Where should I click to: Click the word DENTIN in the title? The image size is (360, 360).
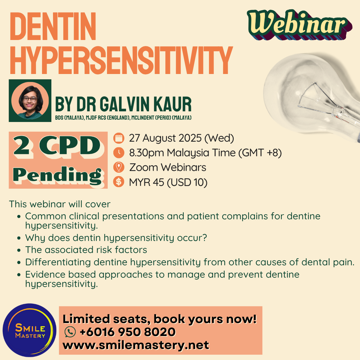53,26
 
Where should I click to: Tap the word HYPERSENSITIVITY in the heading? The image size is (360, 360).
121,60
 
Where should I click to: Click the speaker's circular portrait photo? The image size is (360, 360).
30,101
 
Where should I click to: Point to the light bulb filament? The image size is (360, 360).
319,101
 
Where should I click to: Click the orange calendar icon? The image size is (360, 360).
119,138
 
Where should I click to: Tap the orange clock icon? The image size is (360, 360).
119,153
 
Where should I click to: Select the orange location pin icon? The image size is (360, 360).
119,167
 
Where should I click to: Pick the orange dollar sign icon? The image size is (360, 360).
119,182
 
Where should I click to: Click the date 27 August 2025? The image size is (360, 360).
165,138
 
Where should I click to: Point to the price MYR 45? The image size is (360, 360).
146,182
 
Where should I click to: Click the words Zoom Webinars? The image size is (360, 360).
168,167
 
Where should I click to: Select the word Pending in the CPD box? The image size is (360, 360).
57,176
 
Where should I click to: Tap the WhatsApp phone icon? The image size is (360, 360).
70,332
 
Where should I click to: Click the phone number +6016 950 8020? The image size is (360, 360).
128,332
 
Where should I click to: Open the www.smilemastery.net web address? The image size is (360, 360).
136,345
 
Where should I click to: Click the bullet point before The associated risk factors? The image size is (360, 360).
19,250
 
